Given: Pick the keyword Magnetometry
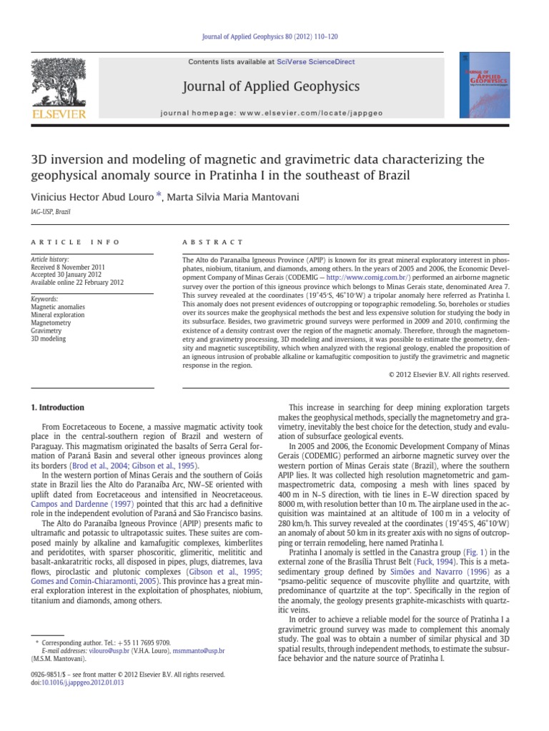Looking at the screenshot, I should pos(51,323).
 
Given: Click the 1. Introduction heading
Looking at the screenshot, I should pos(58,408).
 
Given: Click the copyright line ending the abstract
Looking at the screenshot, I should pos(448,374).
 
